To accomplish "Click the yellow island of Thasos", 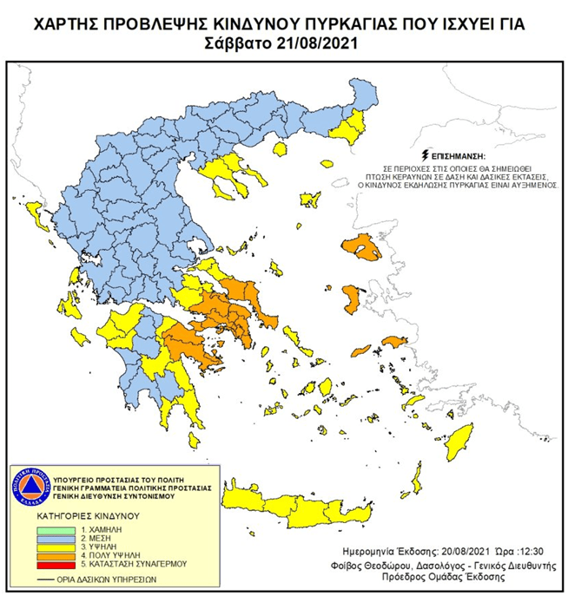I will coord(279,149).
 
